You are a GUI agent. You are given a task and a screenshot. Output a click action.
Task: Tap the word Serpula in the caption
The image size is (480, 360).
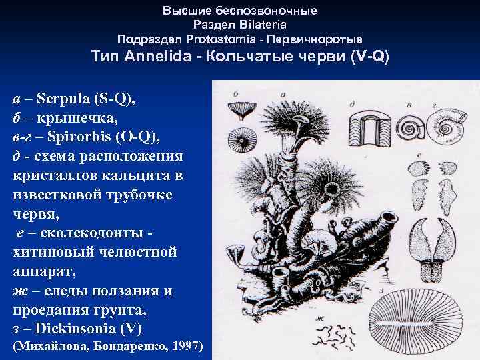(65, 99)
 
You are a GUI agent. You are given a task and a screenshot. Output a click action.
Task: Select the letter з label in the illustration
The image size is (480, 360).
(379, 291)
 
